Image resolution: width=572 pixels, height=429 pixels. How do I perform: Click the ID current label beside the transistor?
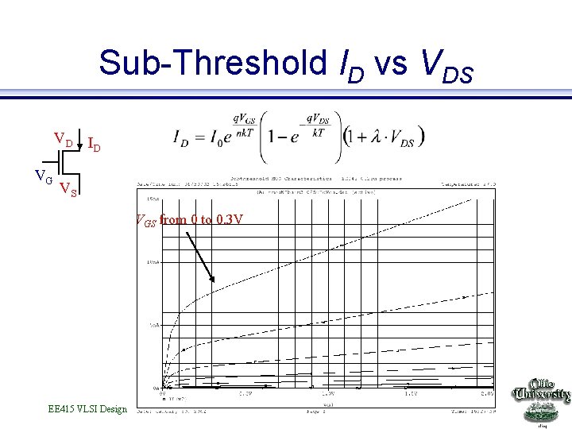click(94, 145)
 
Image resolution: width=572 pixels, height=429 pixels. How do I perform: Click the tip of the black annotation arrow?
click(214, 280)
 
